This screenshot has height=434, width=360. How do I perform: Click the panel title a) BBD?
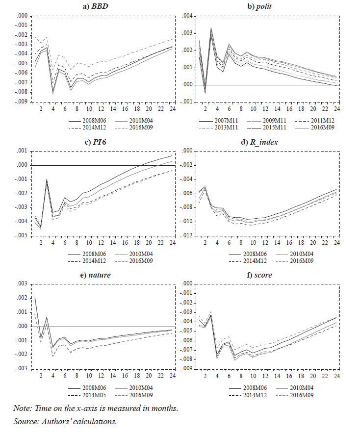97,6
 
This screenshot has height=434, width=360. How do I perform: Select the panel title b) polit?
260,6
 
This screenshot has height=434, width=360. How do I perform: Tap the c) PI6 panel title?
97,142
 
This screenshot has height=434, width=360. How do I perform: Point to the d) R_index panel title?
260,142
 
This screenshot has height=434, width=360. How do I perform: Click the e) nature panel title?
97,275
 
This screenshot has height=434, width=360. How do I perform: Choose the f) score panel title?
260,275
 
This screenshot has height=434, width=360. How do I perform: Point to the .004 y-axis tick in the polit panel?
188,16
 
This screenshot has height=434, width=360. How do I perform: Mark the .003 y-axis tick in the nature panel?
21,284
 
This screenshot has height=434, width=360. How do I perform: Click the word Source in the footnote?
27,421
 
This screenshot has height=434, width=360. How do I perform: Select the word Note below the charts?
23,408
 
